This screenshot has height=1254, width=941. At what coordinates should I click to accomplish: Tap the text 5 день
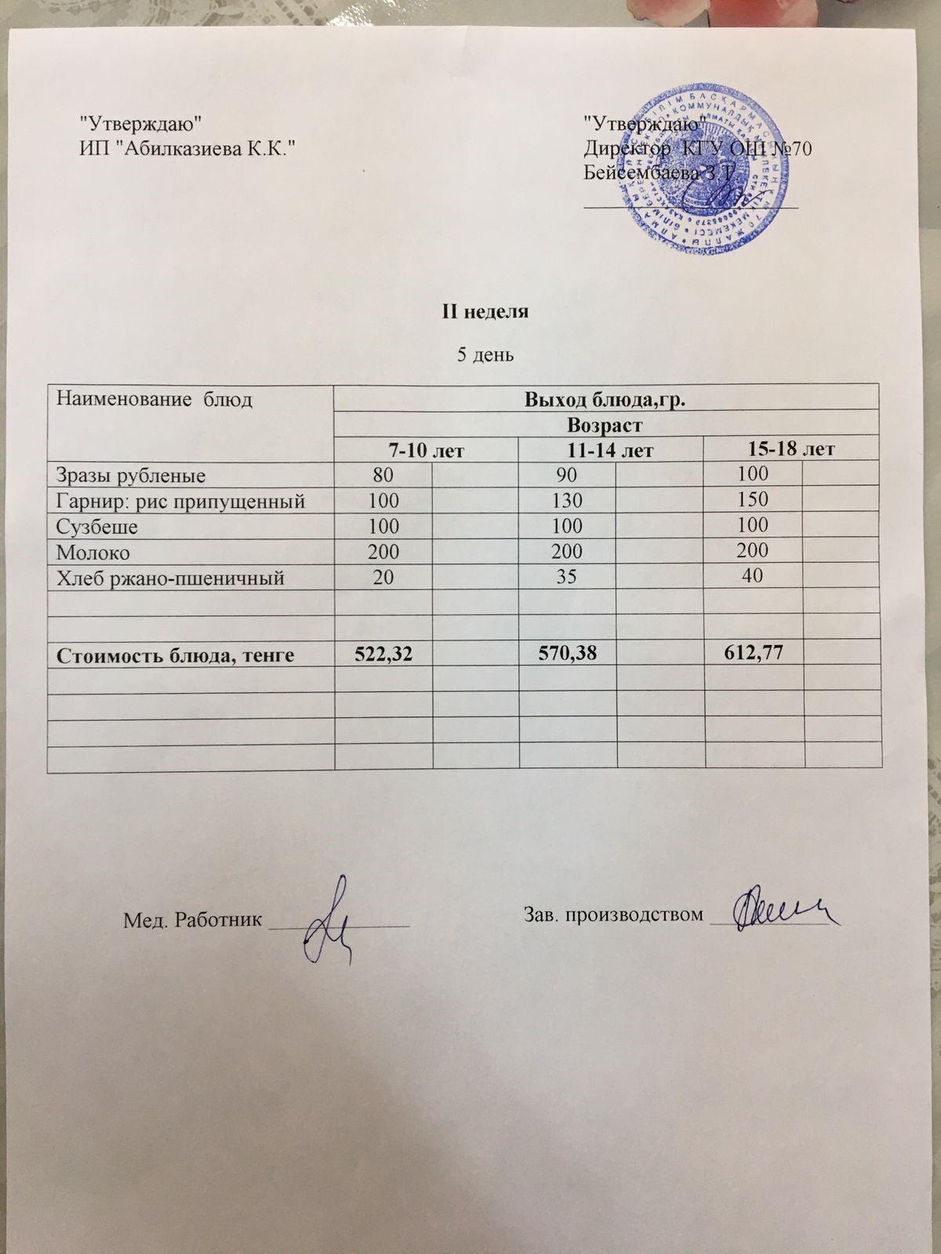pyautogui.click(x=485, y=355)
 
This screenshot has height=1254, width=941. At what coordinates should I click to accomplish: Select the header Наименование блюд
pyautogui.click(x=154, y=400)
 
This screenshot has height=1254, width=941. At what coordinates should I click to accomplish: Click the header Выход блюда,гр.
pyautogui.click(x=605, y=401)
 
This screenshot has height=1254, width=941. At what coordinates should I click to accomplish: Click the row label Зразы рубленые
pyautogui.click(x=130, y=475)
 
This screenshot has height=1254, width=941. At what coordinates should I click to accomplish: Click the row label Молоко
pyautogui.click(x=93, y=552)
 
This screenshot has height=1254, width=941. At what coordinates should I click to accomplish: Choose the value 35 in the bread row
pyautogui.click(x=566, y=578)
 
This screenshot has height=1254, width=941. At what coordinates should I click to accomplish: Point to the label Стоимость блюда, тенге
pyautogui.click(x=175, y=655)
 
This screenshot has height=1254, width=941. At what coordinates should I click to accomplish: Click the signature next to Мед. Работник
pyautogui.click(x=329, y=925)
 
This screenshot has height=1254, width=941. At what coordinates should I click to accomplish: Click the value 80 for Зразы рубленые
pyautogui.click(x=383, y=473)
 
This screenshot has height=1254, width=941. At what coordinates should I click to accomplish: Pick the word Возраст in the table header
pyautogui.click(x=605, y=426)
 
